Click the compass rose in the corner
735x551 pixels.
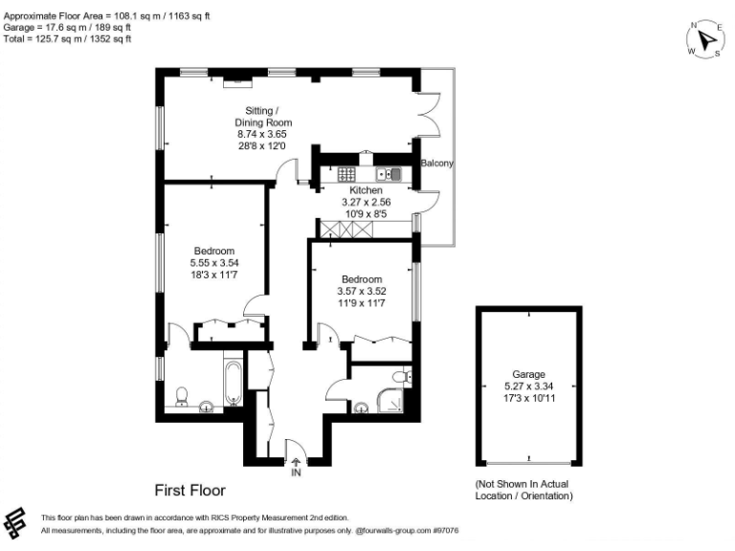(x=705, y=40)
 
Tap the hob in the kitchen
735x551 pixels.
(x=346, y=174)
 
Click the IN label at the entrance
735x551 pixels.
(x=296, y=471)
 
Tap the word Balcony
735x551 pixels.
(x=436, y=164)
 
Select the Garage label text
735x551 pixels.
(x=528, y=374)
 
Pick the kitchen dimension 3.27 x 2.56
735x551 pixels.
(x=367, y=202)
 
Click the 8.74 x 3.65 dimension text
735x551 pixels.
(x=263, y=135)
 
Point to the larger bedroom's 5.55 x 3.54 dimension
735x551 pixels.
(x=212, y=263)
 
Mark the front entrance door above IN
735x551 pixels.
(x=296, y=448)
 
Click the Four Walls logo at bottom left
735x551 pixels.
(x=17, y=523)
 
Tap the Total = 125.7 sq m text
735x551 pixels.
(x=68, y=39)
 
